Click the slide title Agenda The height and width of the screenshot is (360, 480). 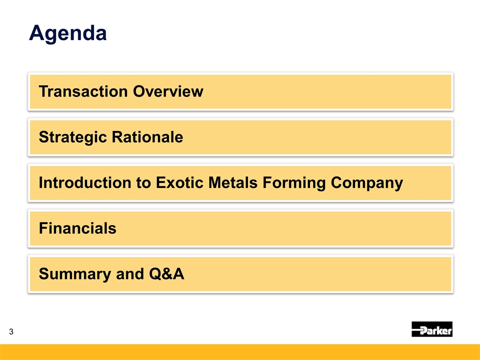(x=68, y=33)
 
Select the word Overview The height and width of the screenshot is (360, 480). (x=168, y=91)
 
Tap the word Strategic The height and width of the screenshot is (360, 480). (x=72, y=137)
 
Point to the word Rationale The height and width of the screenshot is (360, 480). (x=147, y=137)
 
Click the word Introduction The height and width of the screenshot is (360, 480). (x=85, y=182)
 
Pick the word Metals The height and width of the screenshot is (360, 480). (x=233, y=182)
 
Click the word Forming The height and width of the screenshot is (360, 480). (x=294, y=183)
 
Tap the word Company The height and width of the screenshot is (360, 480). (x=366, y=183)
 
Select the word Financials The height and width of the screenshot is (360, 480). (x=78, y=228)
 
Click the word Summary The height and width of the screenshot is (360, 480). (x=74, y=274)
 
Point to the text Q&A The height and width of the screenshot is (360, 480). (x=166, y=273)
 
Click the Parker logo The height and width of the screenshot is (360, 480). (x=432, y=329)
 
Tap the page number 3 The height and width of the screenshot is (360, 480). (x=11, y=331)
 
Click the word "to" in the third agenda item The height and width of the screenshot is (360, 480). (x=143, y=183)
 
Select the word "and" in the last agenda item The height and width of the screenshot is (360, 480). (x=130, y=273)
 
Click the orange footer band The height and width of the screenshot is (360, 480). (x=240, y=352)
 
